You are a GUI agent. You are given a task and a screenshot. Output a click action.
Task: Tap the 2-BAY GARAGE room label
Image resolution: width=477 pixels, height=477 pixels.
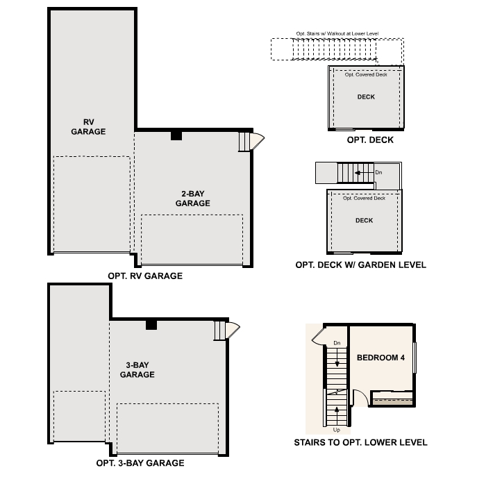(192, 198)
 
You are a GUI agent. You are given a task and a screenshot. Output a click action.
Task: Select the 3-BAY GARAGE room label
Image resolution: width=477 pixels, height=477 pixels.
(137, 369)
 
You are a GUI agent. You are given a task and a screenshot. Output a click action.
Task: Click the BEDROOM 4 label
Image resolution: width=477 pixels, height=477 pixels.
(380, 358)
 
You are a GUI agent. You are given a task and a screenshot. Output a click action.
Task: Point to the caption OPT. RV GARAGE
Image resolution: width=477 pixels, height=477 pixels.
(145, 276)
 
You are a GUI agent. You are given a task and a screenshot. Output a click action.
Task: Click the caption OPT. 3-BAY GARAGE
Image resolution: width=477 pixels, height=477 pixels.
(140, 462)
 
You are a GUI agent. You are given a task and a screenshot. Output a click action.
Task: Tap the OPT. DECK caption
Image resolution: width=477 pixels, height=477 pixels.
(370, 140)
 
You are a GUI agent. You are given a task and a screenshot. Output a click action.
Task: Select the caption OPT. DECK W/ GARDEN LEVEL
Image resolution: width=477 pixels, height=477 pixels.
(360, 265)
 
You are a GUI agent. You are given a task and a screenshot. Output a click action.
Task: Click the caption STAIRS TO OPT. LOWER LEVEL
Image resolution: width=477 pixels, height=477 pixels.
(360, 442)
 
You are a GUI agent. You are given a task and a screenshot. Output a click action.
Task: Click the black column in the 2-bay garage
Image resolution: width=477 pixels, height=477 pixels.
(176, 135)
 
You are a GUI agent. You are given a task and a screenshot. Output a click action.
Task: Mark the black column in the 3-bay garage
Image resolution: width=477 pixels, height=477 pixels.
(151, 324)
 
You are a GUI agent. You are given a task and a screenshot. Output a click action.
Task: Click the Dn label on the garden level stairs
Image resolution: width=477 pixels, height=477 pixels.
(378, 171)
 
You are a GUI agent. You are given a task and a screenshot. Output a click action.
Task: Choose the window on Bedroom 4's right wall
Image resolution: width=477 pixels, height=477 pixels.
(415, 358)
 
